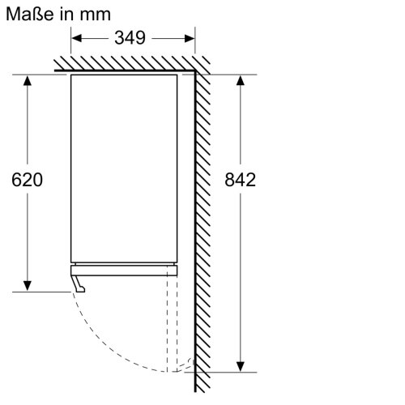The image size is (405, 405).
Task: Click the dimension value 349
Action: coord(130,38)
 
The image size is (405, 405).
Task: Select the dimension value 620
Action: coord(28,180)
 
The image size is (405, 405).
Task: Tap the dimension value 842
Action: coord(241,180)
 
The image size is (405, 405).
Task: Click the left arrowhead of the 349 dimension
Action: coord(76,38)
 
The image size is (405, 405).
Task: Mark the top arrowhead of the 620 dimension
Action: coord(28,79)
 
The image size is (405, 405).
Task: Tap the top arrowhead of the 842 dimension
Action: coord(241,79)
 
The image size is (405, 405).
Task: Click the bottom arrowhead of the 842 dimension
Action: coord(241,364)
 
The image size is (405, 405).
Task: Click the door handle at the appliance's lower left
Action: coord(79,283)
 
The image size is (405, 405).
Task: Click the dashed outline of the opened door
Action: coord(171,324)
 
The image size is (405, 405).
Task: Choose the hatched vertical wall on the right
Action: coord(205,219)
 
